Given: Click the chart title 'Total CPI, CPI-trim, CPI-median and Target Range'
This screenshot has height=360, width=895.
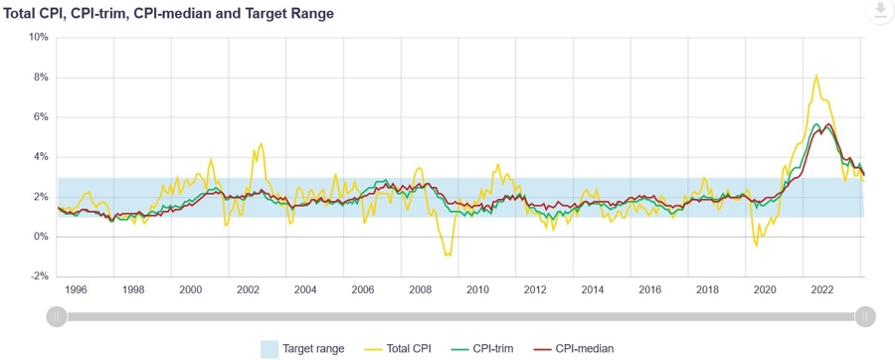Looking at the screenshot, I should point(169,14).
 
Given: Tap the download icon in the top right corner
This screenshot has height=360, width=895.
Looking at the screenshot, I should point(879,11).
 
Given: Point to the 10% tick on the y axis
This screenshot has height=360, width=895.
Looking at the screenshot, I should point(38,38).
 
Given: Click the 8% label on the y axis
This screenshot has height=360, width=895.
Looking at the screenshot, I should point(40,78).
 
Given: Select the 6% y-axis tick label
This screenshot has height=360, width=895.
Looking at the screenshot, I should point(40,117).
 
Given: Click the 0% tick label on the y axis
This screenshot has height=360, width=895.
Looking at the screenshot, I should point(40,237).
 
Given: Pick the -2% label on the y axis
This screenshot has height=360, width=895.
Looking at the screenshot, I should point(38,276).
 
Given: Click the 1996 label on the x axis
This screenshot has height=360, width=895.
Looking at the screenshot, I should point(76,289).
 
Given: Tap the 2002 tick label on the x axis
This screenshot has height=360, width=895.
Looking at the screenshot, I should point(249,289).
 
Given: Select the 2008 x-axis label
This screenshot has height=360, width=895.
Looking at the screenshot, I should point(421,289).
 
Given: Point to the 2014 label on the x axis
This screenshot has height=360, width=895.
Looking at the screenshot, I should point(593,289).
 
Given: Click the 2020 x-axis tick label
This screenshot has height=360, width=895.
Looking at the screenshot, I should point(765,289).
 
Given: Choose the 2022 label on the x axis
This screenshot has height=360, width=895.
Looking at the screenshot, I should point(822,289).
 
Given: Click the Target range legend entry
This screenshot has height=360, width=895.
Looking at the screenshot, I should point(302,349).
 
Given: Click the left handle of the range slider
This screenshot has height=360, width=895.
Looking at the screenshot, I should point(58,316).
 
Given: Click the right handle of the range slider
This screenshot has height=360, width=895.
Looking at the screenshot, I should point(865,316).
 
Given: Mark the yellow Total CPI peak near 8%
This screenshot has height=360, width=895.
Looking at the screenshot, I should point(816,76).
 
